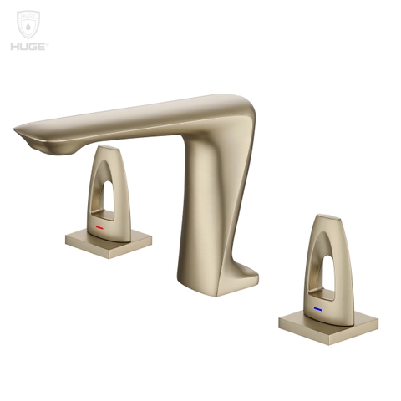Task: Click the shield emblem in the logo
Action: (28, 24)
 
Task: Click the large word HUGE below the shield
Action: (28, 46)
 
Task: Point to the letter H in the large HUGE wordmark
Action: (14, 46)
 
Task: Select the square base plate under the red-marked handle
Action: (109, 241)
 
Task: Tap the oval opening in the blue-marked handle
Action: (324, 266)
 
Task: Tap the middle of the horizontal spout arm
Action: (125, 121)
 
